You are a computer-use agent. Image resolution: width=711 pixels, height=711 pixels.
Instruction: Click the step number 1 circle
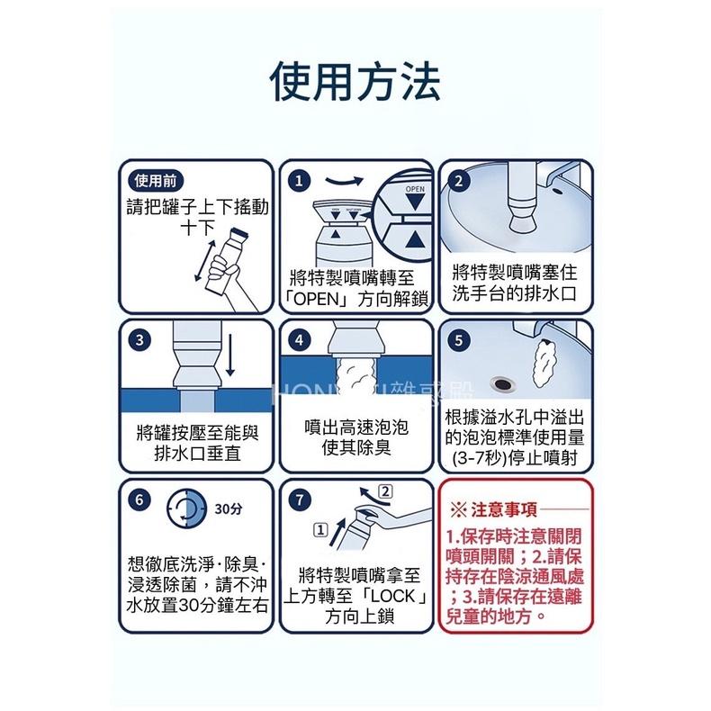[x=298, y=181]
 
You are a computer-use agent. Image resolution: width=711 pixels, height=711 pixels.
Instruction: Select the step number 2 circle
[x=462, y=181]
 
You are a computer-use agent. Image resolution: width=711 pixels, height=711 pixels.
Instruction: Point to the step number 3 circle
[x=139, y=340]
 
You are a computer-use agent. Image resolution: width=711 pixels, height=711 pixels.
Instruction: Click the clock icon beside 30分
[x=190, y=509]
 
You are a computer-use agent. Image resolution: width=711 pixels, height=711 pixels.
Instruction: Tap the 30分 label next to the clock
[x=229, y=509]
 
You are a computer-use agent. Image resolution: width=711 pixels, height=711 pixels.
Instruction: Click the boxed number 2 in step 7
[x=385, y=491]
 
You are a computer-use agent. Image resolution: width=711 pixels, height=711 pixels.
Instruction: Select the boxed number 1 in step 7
[x=319, y=528]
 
